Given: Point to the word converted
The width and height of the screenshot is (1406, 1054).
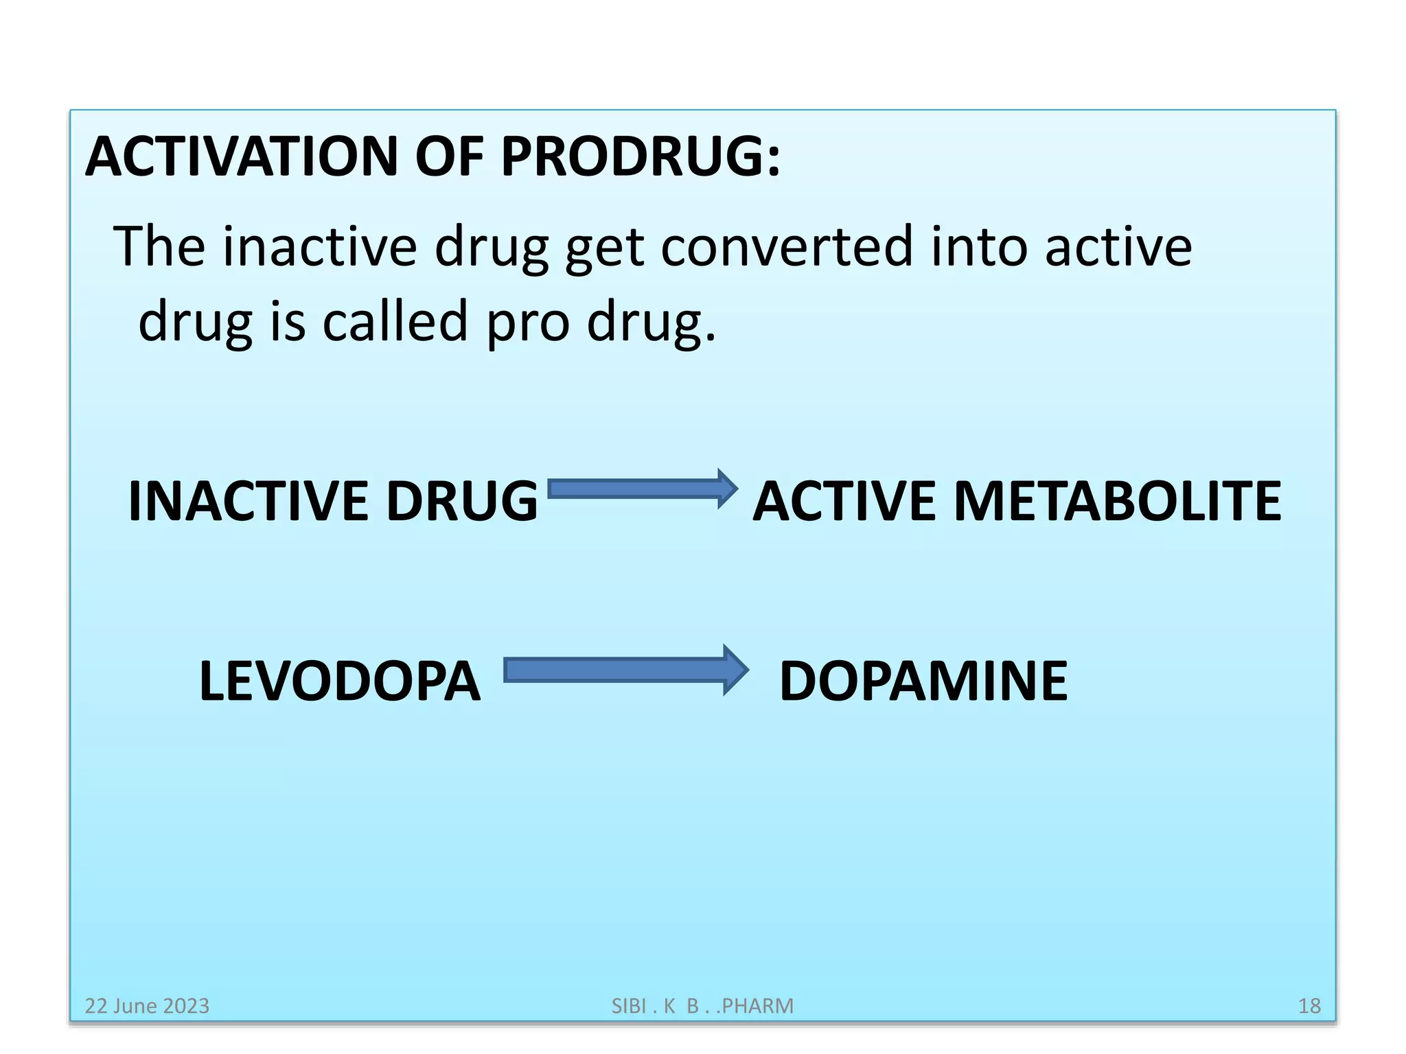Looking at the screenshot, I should [787, 247].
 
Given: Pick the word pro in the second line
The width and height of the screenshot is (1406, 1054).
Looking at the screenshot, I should [528, 323].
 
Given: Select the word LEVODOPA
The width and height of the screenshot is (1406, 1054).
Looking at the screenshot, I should [340, 681].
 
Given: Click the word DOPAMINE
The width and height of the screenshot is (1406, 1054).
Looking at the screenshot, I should [923, 681].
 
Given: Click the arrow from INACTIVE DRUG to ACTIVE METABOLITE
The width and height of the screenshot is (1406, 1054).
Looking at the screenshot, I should [643, 489].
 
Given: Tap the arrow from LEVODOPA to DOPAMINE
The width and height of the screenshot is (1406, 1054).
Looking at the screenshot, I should [625, 670].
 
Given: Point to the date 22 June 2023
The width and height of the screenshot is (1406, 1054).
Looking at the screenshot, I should [147, 1006].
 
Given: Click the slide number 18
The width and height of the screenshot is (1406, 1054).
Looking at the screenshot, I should [1309, 1006].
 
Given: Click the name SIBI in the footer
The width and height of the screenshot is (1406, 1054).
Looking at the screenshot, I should [629, 1006].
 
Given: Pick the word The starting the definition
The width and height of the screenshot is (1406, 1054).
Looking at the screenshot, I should [159, 247].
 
